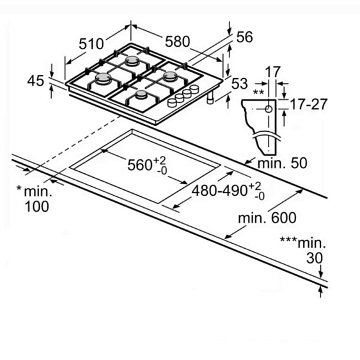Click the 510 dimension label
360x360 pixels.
point(91,44)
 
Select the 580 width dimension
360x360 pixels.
point(178,42)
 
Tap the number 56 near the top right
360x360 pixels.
point(244,37)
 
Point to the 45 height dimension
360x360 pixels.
point(36,81)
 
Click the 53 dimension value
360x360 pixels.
point(239,83)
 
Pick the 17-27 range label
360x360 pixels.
point(308,104)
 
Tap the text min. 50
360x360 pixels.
point(283,163)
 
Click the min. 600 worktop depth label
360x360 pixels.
point(267,218)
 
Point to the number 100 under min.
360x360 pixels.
point(36,207)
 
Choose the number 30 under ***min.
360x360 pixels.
point(315,258)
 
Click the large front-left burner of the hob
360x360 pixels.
point(102,78)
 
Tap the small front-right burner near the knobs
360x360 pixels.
point(141,94)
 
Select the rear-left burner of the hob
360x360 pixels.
point(132,60)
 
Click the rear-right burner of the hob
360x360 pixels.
point(170,76)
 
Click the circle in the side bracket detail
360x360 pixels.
point(269,109)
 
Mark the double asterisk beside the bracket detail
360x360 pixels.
point(258,93)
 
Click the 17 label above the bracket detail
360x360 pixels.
point(273,72)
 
